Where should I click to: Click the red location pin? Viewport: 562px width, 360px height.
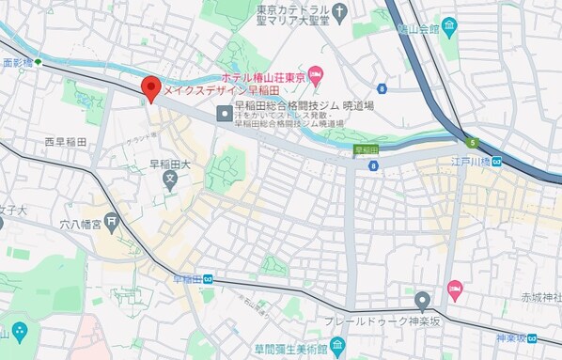[x=150, y=89]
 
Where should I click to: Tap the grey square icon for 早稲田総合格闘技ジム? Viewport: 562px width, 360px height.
[x=224, y=114]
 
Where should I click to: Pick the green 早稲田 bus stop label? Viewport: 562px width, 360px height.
[x=366, y=149]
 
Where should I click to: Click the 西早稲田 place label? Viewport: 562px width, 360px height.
[x=65, y=142]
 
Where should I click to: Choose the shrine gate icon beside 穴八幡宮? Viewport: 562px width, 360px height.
[x=113, y=224]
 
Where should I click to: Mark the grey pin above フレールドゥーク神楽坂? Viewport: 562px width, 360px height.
[x=423, y=301]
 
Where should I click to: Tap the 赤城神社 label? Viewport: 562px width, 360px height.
[x=542, y=298]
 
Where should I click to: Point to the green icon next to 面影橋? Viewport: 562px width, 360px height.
[x=39, y=63]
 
